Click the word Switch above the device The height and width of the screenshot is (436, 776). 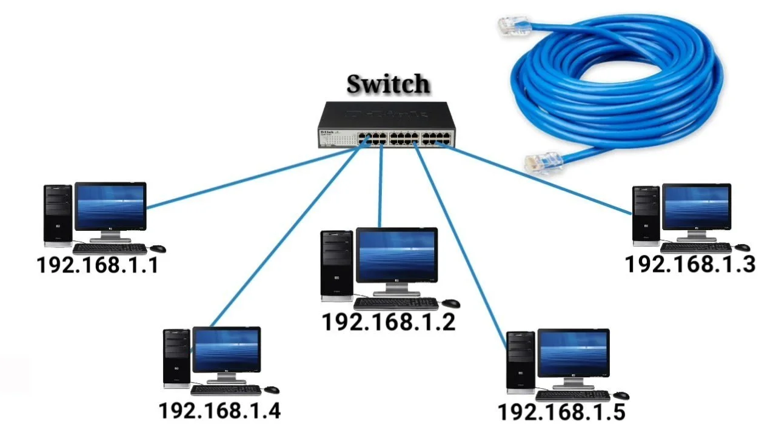coord(389,84)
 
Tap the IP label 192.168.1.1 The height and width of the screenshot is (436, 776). coord(98,265)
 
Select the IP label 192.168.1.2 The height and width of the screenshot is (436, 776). coord(389,322)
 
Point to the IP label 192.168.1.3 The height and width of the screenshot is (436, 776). coord(690,264)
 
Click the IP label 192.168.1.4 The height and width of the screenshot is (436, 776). coord(220,411)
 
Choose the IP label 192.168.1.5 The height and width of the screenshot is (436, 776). coord(561,412)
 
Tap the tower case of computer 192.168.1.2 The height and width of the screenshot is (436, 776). coord(337,265)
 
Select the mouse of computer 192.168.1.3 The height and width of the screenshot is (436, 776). coord(743,247)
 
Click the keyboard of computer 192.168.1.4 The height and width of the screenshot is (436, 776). coord(226,390)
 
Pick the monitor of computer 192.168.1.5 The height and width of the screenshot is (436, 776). coord(573,354)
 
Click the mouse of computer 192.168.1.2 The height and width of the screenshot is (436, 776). coord(451,303)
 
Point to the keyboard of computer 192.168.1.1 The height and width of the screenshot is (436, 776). coord(110,248)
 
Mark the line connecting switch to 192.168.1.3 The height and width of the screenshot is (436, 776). coord(533,177)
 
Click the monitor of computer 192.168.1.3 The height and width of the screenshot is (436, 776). coord(697,207)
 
